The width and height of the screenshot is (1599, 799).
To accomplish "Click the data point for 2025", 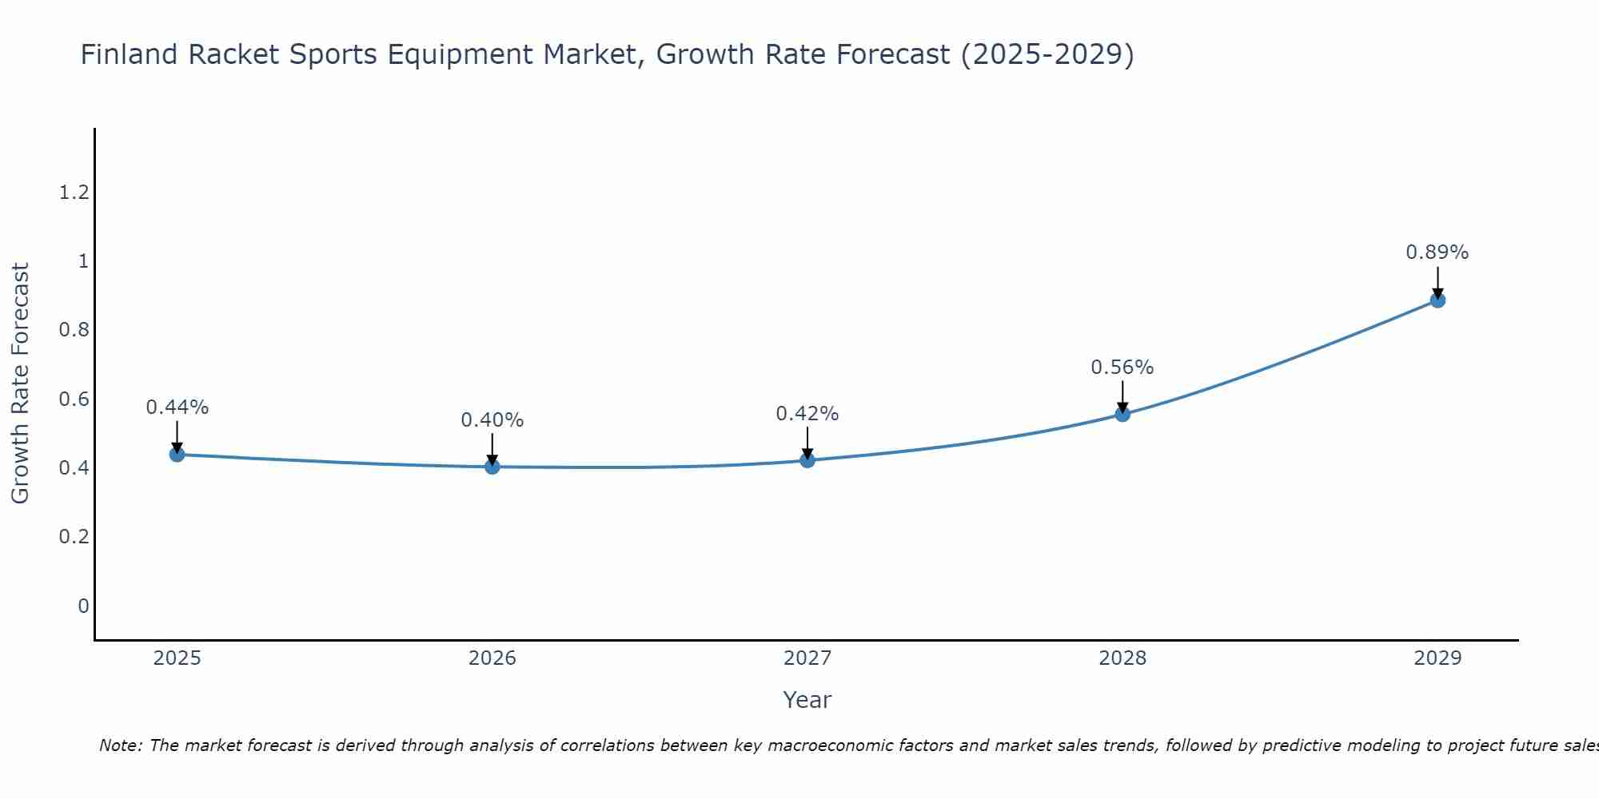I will pos(177,455).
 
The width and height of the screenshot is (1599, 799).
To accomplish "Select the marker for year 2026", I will pos(492,467).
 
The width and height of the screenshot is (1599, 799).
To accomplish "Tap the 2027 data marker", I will pos(807,460).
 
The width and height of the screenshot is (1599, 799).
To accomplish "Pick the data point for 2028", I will pos(1122,414).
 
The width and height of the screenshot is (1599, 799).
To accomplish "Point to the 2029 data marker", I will pos(1438,300).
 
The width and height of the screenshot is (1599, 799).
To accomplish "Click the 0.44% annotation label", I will pos(177,407).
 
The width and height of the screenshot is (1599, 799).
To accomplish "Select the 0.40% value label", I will pos(492,420).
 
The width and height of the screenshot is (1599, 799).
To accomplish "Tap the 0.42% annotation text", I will pos(807,414).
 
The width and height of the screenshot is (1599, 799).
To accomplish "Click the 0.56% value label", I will pos(1122,368).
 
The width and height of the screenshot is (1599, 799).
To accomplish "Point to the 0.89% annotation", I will pos(1438,252).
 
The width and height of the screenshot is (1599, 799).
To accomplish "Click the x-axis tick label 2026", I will pos(492,658).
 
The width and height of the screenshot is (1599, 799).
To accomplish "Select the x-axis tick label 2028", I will pos(1122,658).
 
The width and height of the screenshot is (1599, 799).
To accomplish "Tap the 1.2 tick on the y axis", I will pos(74,193).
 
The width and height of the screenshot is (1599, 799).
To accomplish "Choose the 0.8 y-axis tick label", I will pos(74,330).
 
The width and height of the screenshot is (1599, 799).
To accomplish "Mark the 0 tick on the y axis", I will pos(83,606).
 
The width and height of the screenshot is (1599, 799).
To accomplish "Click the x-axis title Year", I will pos(807,700).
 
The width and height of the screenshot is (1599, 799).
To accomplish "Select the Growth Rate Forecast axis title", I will pos(20,384).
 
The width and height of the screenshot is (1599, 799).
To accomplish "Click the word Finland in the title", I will pos(129,54).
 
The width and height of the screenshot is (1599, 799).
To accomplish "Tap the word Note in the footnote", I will pos(119,745).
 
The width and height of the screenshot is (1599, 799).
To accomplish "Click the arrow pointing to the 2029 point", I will pos(1438,281).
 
